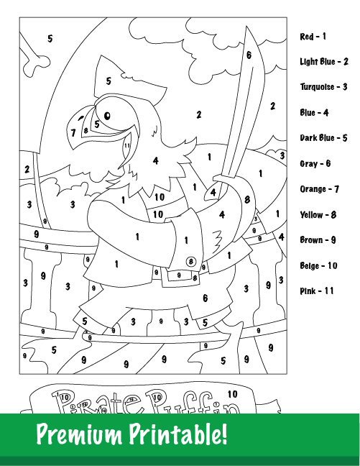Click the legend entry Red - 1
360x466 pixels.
(313, 36)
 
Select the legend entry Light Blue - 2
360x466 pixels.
(324, 62)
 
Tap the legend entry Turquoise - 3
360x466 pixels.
(324, 87)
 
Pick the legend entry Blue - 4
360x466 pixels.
(315, 113)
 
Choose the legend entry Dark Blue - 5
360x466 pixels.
(323, 138)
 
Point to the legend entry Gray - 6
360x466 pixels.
(315, 164)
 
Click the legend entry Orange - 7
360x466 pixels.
(319, 189)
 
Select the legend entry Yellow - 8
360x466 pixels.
(318, 215)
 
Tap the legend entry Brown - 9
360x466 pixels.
(318, 240)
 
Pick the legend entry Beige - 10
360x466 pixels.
(318, 266)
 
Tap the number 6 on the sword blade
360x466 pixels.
(249, 55)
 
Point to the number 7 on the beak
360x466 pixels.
(73, 132)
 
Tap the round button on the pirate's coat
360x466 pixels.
(191, 261)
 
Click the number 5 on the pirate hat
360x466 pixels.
(109, 81)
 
